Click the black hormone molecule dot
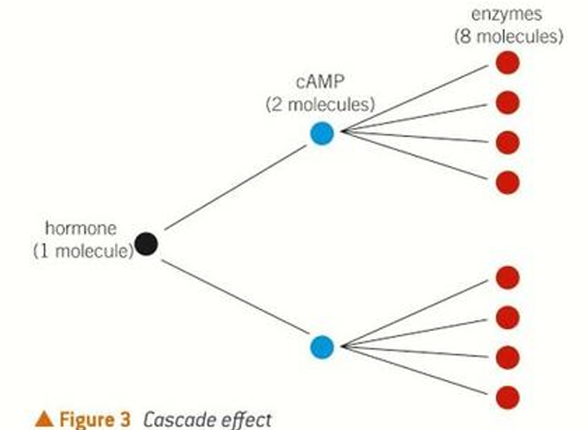click(146, 243)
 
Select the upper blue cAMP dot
click(322, 133)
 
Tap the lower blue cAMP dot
click(322, 346)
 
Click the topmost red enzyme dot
click(507, 63)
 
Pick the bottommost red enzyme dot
click(507, 396)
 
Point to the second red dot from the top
click(507, 102)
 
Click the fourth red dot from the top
click(507, 183)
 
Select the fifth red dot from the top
click(507, 278)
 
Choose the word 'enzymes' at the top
click(507, 16)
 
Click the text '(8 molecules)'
click(508, 36)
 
